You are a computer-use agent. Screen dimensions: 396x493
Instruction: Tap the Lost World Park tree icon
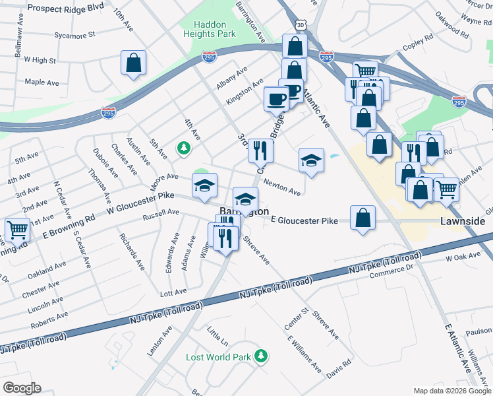pyautogui.click(x=262, y=356)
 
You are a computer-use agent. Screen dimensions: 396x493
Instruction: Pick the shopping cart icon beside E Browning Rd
pyautogui.click(x=17, y=230)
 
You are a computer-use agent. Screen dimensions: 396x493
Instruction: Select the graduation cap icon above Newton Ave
pyautogui.click(x=311, y=160)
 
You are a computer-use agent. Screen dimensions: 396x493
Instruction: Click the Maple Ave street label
pyautogui.click(x=42, y=82)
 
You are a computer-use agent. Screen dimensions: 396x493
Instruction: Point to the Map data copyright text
pyautogui.click(x=451, y=391)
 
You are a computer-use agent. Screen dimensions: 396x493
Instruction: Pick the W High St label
pyautogui.click(x=40, y=60)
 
